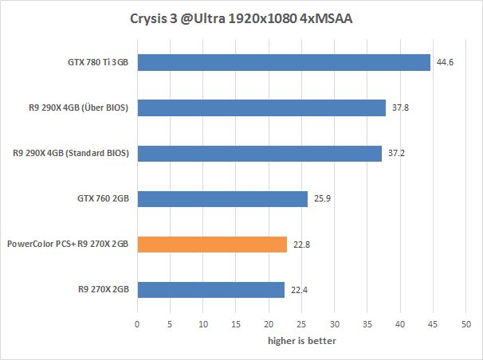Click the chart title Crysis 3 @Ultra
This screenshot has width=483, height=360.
241,18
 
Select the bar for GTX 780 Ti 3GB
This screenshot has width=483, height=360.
284,62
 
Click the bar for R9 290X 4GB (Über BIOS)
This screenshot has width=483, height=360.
261,108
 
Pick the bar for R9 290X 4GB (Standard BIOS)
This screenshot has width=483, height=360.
259,153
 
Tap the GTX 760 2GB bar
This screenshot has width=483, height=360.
222,198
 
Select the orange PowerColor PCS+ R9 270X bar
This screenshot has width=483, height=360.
212,245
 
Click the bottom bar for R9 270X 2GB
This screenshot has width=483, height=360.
211,290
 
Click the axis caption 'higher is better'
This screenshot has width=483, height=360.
301,341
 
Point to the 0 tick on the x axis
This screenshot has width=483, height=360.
137,324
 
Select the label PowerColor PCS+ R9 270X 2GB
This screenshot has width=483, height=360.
68,245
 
